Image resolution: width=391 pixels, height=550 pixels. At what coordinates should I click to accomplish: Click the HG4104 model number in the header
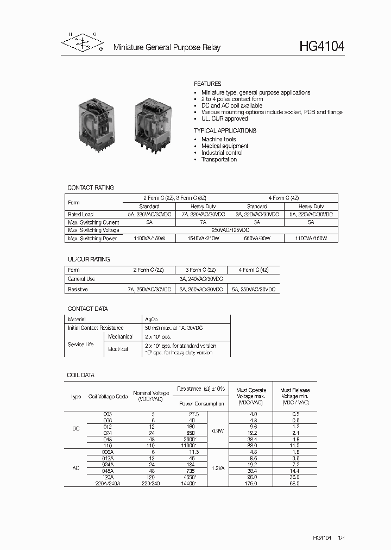pos(321,47)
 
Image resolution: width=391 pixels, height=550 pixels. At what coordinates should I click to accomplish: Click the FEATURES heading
pos(207,84)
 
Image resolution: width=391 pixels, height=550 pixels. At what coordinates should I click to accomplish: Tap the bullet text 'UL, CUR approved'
pos(224,118)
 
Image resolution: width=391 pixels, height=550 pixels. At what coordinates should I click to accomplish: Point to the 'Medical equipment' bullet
pos(225,146)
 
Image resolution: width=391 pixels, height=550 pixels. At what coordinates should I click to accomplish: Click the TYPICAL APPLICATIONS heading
pos(225,131)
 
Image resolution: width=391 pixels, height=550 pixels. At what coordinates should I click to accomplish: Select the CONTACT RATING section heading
pos(91,187)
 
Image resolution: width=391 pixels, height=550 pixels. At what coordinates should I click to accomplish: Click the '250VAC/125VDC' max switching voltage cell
pos(229,230)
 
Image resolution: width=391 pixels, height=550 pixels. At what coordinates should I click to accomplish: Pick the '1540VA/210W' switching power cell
pos(203,239)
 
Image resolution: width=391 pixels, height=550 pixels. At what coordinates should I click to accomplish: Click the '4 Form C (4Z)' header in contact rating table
pos(283,198)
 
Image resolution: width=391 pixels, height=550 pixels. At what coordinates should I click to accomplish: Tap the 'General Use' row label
pos(81,279)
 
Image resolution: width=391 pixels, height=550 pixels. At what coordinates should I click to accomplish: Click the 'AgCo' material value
pos(151,320)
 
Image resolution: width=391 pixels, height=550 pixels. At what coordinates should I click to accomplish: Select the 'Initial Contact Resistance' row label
pos(96,328)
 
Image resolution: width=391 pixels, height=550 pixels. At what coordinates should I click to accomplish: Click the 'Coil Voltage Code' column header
pos(108,397)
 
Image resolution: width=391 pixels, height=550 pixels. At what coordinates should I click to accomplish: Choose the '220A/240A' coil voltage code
pos(108,483)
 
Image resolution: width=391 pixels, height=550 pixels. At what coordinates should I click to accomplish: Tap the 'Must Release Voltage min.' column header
pos(294,396)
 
